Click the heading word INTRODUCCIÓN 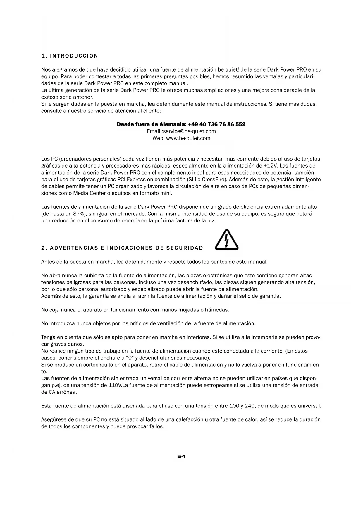(74, 56)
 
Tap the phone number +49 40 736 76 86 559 (217, 124)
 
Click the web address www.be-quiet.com (188, 138)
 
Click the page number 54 (181, 456)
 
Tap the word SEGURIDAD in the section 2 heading (185, 248)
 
